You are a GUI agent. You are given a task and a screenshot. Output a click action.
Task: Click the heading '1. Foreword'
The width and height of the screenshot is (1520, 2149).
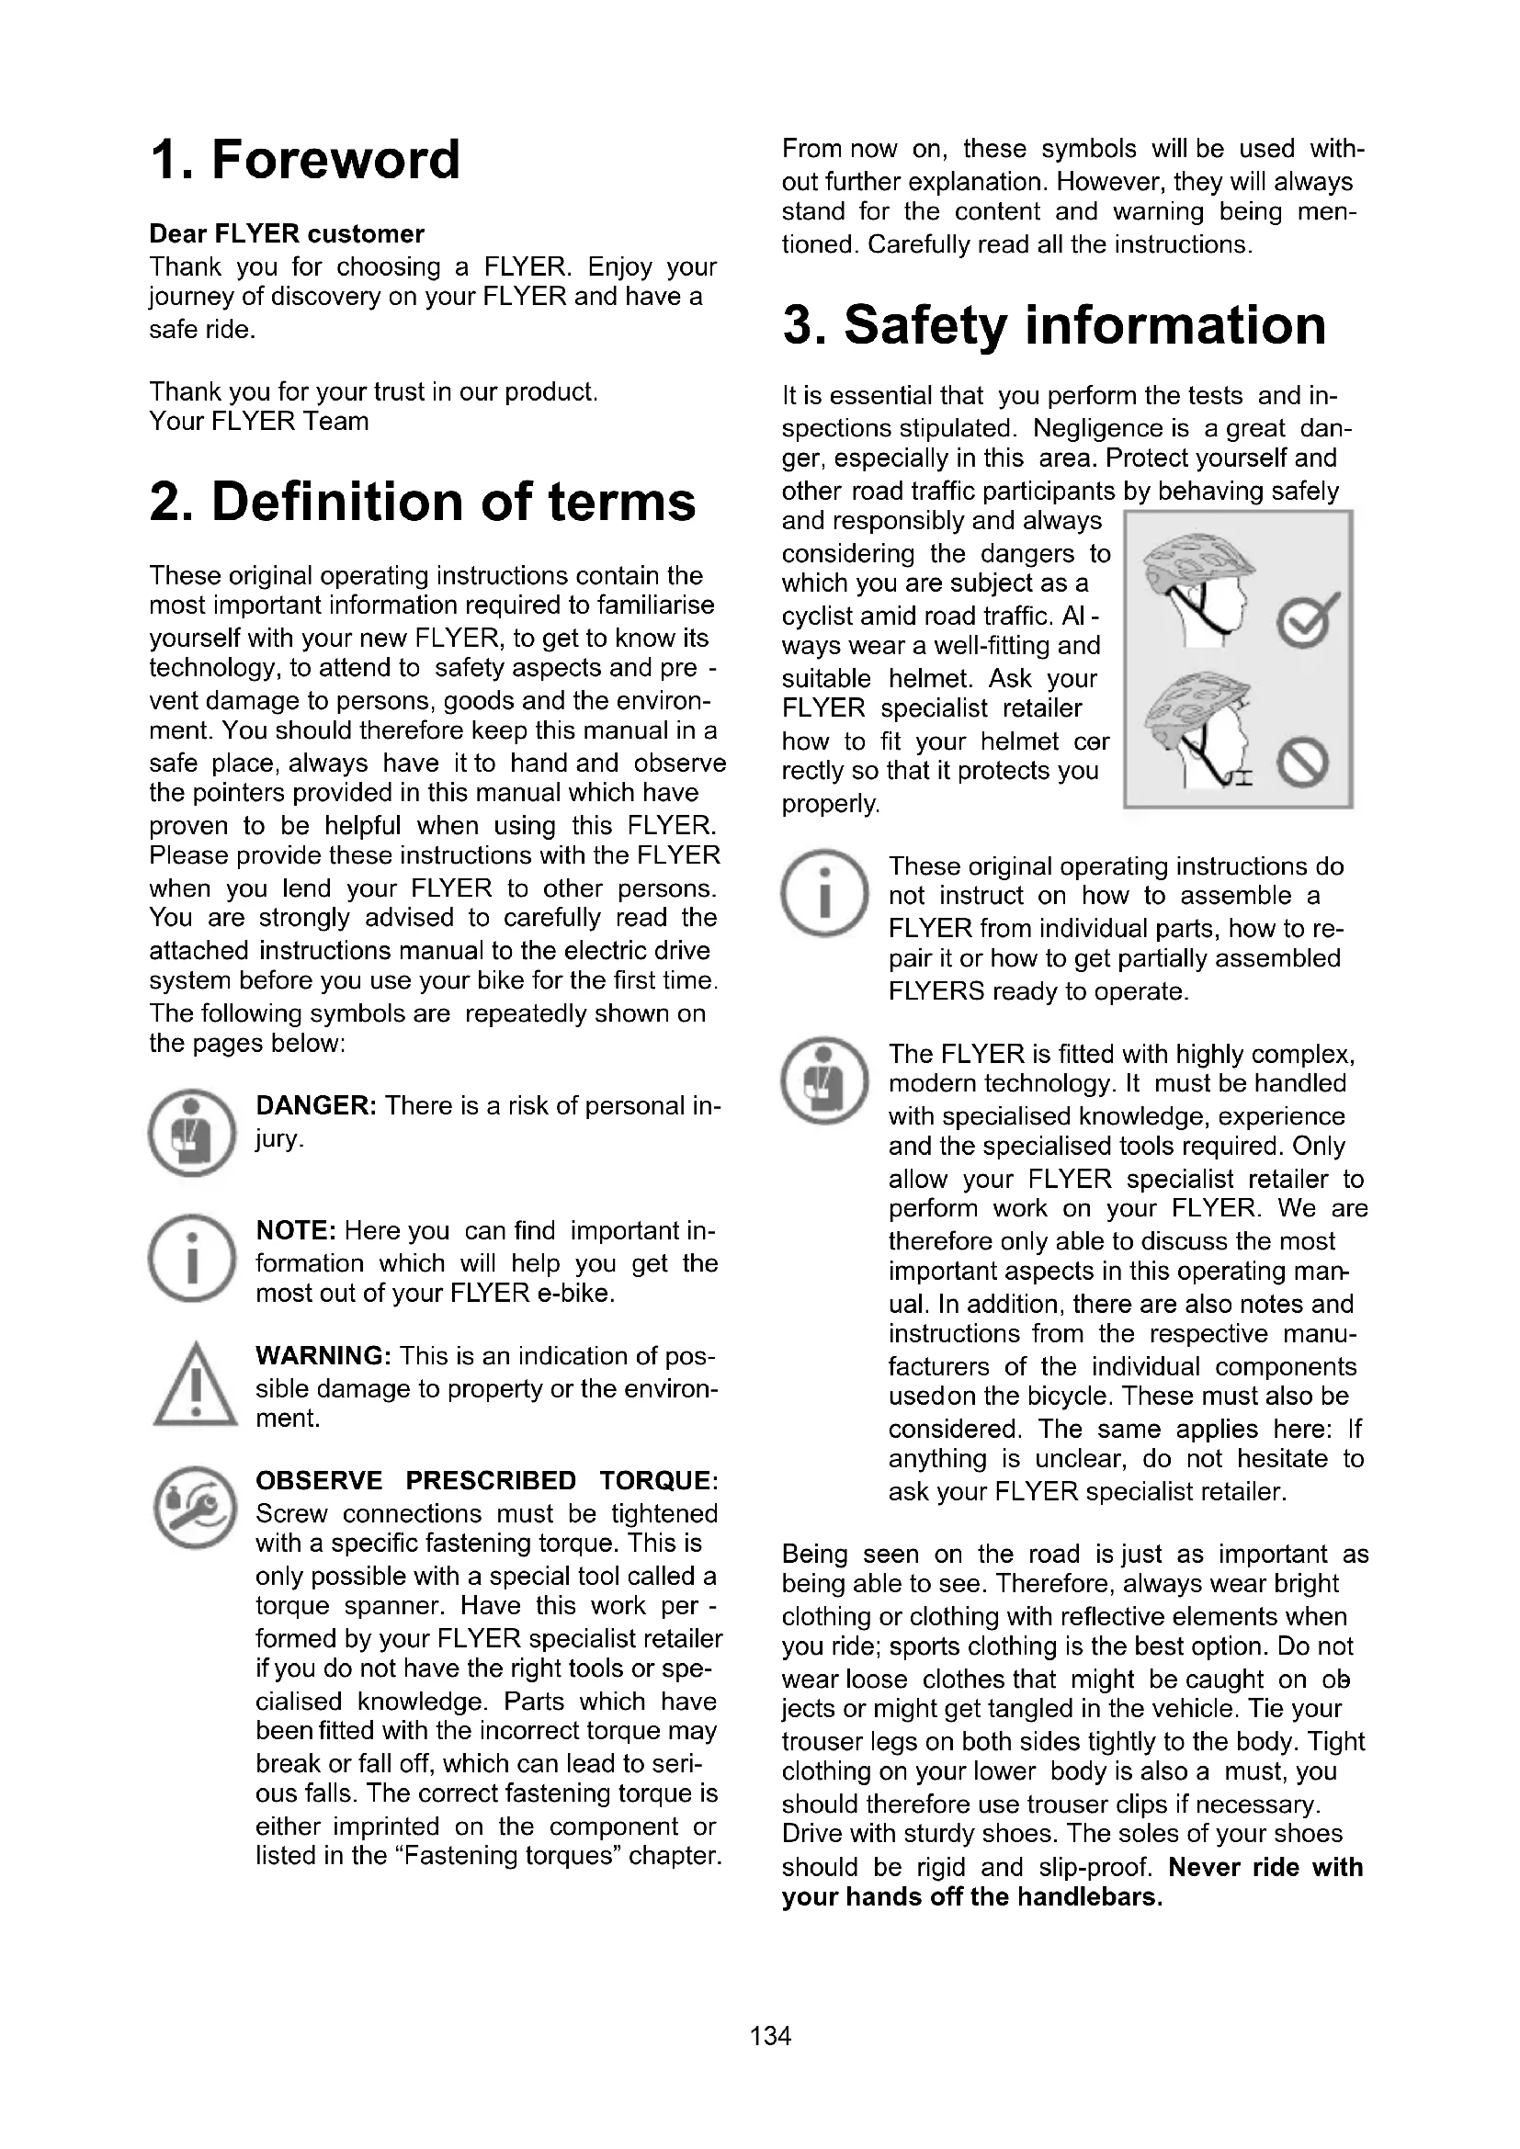pyautogui.click(x=305, y=159)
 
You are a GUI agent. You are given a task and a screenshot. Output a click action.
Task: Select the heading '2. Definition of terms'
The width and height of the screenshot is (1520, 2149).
pyautogui.click(x=422, y=502)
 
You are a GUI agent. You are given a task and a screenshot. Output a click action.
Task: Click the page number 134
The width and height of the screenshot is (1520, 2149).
pyautogui.click(x=770, y=2036)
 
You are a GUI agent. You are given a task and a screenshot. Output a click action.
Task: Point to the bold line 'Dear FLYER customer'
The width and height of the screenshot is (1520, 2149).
pyautogui.click(x=287, y=234)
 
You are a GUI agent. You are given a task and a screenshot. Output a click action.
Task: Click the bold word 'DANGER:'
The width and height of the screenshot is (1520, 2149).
pyautogui.click(x=316, y=1105)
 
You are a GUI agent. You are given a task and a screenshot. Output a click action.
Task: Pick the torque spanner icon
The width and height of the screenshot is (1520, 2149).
pyautogui.click(x=194, y=1508)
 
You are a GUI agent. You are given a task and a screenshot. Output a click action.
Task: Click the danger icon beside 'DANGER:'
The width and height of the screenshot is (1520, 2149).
pyautogui.click(x=193, y=1133)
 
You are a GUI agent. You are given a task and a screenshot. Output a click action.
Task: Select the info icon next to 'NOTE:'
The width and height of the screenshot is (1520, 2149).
pyautogui.click(x=193, y=1258)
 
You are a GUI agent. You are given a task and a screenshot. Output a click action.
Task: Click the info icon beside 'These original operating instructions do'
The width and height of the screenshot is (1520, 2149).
pyautogui.click(x=824, y=894)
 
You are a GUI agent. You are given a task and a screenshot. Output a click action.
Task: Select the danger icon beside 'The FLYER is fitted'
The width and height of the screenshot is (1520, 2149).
pyautogui.click(x=824, y=1080)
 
